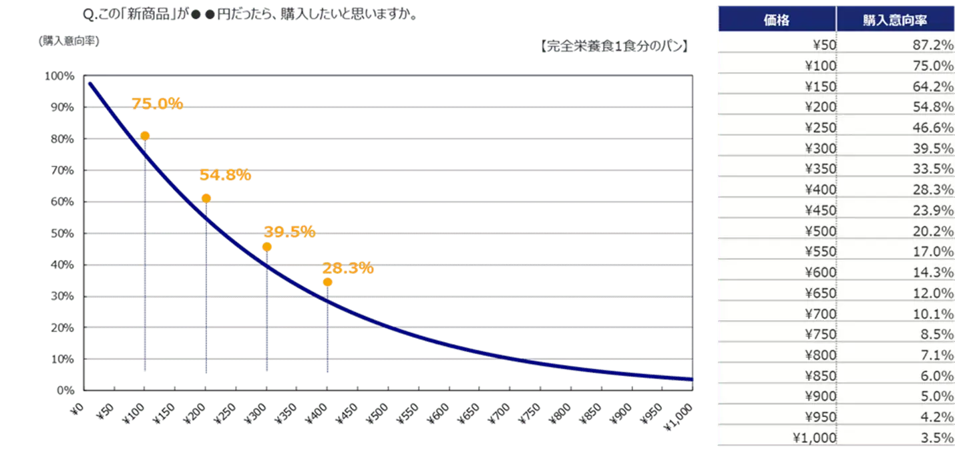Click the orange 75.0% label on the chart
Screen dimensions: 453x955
157,104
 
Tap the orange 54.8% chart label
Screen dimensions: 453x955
225,175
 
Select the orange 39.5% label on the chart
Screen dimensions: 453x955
289,232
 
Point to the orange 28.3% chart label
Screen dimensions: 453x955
347,268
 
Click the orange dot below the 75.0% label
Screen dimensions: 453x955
145,136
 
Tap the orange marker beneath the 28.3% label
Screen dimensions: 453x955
327,282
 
